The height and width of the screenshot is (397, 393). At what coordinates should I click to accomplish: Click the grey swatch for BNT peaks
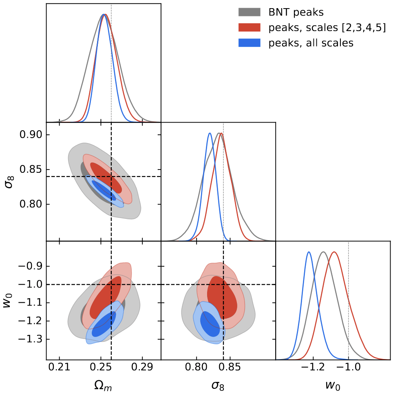[249, 12]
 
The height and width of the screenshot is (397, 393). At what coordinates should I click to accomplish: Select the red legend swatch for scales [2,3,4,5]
[249, 27]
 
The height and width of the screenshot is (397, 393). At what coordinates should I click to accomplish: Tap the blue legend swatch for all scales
[249, 42]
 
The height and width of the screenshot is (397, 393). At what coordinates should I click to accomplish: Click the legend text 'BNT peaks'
[296, 12]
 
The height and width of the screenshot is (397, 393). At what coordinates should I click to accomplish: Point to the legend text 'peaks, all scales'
[311, 42]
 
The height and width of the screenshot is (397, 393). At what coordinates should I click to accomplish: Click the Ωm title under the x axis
[104, 386]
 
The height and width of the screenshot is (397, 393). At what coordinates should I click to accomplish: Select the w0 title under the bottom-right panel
[333, 386]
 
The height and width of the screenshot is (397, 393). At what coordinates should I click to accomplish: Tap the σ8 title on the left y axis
[9, 181]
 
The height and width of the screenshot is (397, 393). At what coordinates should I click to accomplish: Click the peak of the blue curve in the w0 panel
[309, 252]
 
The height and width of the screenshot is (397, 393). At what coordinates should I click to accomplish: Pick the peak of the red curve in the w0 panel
[334, 252]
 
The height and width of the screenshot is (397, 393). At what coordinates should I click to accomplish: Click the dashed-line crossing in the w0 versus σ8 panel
[223, 284]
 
